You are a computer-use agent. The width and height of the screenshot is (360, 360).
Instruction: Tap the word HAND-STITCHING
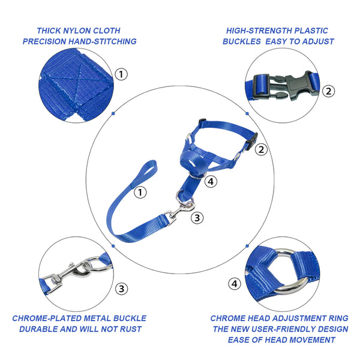point(105,41)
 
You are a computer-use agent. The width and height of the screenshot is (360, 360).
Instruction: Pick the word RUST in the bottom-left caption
point(132,329)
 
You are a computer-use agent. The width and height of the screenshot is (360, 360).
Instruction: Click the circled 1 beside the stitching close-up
point(122,74)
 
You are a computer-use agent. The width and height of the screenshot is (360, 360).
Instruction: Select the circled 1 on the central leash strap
point(140,193)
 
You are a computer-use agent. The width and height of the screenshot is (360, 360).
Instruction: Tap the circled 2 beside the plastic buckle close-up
point(328,91)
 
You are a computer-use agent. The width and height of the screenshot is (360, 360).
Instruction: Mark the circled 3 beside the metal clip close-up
point(122,289)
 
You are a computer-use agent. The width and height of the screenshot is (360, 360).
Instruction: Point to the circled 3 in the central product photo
point(197,218)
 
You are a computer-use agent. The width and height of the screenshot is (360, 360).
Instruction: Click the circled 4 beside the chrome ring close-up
point(235,283)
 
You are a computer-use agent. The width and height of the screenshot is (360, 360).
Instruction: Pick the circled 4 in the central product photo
point(210,181)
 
